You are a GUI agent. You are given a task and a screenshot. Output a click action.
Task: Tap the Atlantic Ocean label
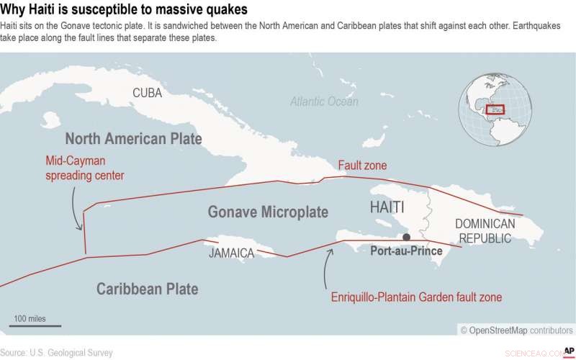[324, 102]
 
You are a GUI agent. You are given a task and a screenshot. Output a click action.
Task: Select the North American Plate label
[133, 138]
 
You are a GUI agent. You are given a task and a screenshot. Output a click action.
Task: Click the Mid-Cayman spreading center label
[85, 168]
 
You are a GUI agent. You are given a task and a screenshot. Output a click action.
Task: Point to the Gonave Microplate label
[268, 212]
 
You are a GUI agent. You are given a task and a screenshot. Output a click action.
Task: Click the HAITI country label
[387, 207]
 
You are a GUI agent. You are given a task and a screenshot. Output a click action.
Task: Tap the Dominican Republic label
[485, 230]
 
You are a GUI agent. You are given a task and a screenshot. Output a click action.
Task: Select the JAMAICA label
[231, 253]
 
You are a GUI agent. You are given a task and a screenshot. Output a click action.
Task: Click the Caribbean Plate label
[147, 289]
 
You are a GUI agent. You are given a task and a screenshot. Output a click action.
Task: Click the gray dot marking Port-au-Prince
[407, 237]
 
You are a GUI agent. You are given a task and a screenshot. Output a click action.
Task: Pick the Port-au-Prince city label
[406, 251]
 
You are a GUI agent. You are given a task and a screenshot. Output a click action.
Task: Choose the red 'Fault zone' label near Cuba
[362, 166]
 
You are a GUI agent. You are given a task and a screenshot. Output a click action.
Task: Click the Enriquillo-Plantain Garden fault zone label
[416, 297]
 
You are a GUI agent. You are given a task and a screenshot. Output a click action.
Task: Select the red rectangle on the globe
[495, 110]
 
